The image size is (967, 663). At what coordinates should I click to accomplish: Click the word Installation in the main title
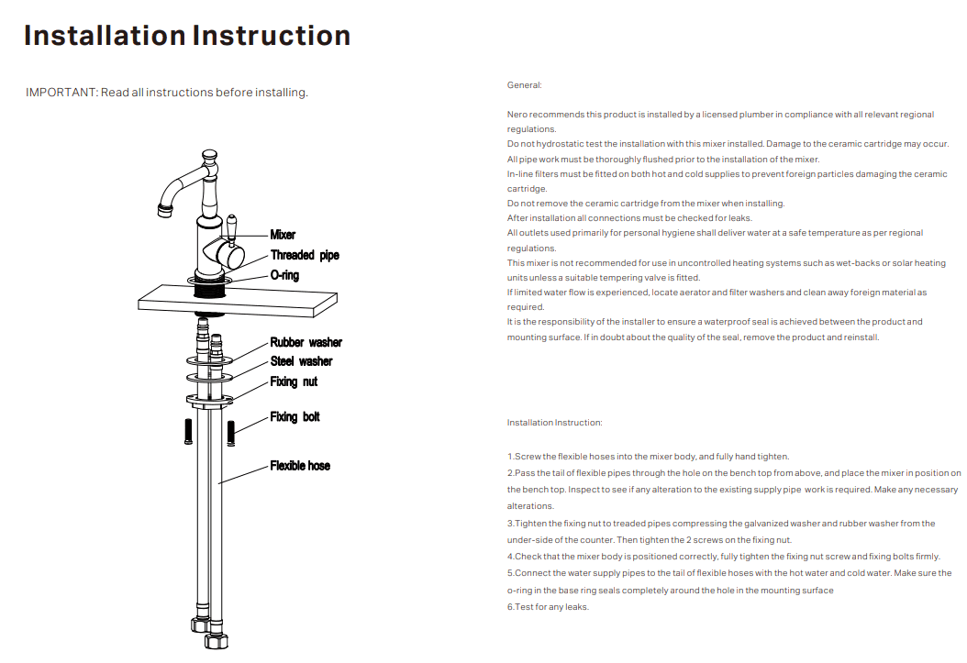pyautogui.click(x=105, y=36)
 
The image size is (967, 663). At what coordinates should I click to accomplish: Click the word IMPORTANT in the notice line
pyautogui.click(x=60, y=93)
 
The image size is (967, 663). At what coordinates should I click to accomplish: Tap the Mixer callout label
pyautogui.click(x=283, y=235)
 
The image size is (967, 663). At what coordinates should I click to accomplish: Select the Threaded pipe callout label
pyautogui.click(x=305, y=255)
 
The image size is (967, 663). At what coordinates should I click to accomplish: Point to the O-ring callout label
pyautogui.click(x=284, y=275)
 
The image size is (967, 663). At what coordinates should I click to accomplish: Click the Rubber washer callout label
pyautogui.click(x=306, y=342)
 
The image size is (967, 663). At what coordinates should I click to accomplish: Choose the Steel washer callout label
pyautogui.click(x=301, y=361)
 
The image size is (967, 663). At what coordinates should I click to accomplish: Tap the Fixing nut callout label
pyautogui.click(x=294, y=381)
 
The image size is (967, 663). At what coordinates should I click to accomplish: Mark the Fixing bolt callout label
pyautogui.click(x=295, y=417)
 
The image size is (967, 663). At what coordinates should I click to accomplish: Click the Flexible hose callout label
pyautogui.click(x=300, y=466)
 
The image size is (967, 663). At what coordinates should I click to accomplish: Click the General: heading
pyautogui.click(x=525, y=85)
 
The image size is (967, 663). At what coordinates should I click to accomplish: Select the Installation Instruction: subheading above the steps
pyautogui.click(x=555, y=423)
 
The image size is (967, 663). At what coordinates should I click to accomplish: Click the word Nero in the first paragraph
pyautogui.click(x=517, y=115)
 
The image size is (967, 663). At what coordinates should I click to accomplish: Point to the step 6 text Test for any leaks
pyautogui.click(x=548, y=607)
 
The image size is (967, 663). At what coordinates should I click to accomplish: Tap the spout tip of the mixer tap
pyautogui.click(x=166, y=213)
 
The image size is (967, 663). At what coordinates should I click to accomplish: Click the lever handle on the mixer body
pyautogui.click(x=233, y=228)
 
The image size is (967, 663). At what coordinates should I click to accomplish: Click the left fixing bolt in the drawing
pyautogui.click(x=188, y=430)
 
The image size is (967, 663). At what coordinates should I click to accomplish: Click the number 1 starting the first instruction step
pyautogui.click(x=510, y=457)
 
